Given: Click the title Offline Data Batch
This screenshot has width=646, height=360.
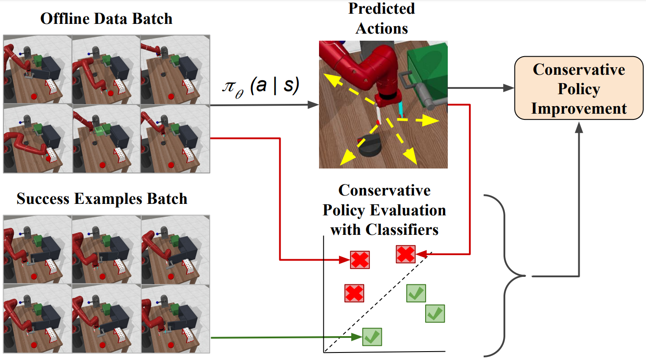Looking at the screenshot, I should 106,19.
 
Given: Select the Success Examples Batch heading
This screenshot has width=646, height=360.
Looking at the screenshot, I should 102,199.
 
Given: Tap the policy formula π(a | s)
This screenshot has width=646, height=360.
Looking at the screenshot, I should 261,86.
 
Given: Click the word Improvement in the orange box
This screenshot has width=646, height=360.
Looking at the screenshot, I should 579,108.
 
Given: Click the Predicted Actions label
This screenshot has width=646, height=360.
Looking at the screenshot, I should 381,18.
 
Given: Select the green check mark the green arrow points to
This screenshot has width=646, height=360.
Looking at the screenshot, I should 372,337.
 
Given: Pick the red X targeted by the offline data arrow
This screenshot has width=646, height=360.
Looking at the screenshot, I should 360,260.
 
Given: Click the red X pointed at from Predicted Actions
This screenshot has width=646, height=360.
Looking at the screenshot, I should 406,254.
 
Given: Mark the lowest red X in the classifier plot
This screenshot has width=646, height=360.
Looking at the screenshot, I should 354,293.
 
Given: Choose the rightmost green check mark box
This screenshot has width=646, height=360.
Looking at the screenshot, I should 435,314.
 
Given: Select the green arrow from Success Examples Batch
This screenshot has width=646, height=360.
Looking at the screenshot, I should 283,337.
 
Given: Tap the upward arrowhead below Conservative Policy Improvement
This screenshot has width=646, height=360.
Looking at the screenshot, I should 579,128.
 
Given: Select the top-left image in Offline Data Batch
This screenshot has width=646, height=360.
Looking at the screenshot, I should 38,70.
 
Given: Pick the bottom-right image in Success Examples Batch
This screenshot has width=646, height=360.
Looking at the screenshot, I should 176,318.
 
